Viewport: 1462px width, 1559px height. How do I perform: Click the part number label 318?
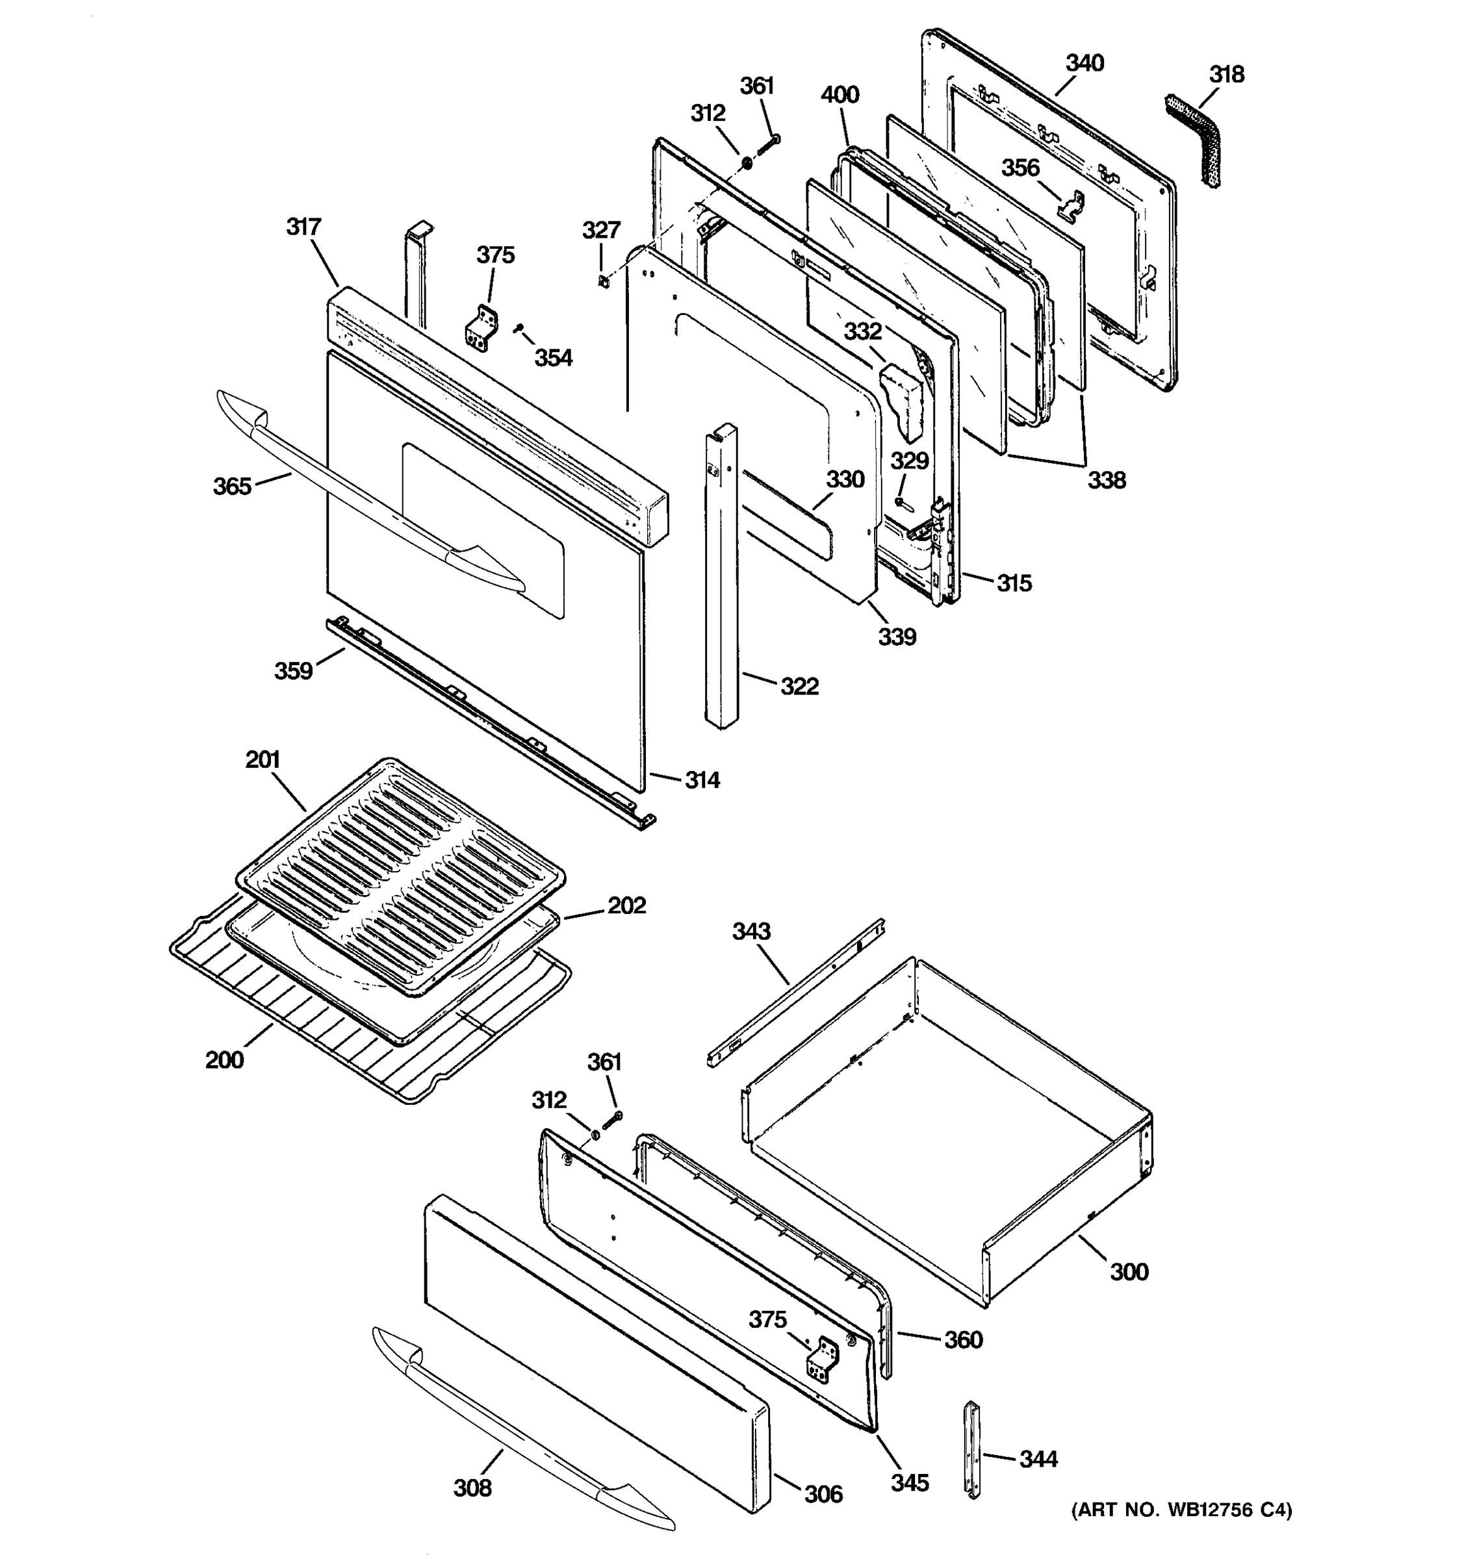[1226, 75]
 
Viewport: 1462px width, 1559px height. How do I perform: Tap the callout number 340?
[1084, 63]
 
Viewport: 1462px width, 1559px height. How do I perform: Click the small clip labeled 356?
[1071, 207]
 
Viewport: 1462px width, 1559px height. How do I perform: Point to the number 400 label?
[840, 95]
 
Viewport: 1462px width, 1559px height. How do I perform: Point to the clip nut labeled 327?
[603, 281]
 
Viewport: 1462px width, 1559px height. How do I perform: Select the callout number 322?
[799, 686]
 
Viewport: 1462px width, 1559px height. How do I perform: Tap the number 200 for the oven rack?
[224, 1060]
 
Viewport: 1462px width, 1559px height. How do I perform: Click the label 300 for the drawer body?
[1129, 1271]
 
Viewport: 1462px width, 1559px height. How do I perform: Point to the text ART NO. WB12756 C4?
[1181, 1510]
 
